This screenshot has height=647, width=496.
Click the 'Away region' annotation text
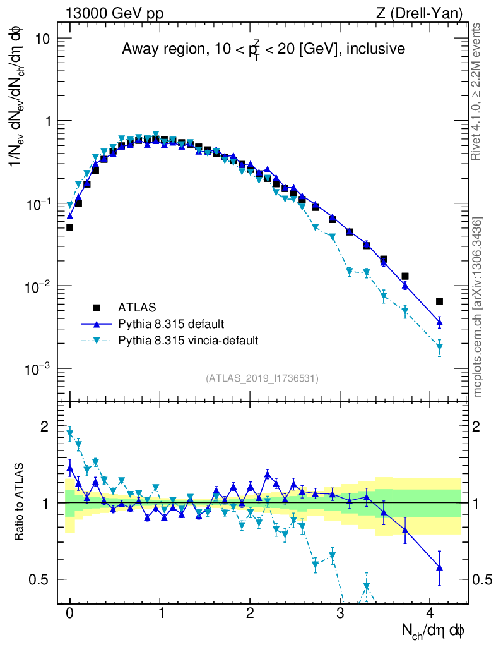263,49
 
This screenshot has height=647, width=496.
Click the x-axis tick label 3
341,613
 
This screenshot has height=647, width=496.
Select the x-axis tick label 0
70,613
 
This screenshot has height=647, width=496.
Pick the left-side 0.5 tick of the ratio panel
45,579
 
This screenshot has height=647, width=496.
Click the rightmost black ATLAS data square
439,301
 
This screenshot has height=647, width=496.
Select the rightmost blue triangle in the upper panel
439,322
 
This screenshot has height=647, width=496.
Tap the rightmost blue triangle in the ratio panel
439,567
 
